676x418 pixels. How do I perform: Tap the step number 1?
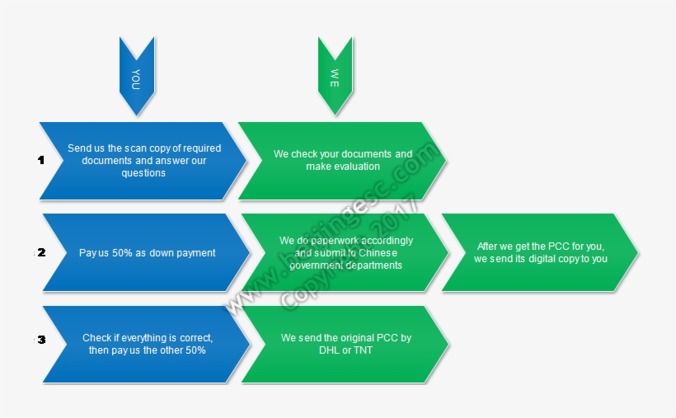[x=40, y=161]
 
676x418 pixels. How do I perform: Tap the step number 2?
[x=41, y=252]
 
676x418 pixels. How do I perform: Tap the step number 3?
[x=41, y=340]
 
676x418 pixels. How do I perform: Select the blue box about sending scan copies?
[x=143, y=161]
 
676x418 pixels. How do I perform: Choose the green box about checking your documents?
[x=342, y=161]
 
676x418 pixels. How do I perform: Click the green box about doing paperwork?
[x=345, y=253]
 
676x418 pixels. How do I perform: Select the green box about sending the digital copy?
[x=541, y=252]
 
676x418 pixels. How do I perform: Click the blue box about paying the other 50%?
[x=146, y=345]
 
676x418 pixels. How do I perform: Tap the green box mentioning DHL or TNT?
[x=345, y=344]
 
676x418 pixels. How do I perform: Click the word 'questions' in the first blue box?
[x=143, y=173]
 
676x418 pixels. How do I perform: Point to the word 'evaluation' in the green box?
[x=355, y=167]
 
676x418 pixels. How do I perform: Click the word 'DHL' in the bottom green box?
[x=329, y=350]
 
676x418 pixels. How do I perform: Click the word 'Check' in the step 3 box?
[x=96, y=338]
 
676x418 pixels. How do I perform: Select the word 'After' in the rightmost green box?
[x=490, y=247]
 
